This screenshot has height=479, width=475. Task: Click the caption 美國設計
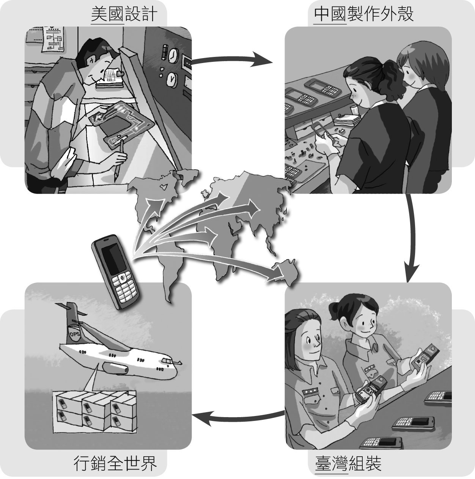click(x=124, y=14)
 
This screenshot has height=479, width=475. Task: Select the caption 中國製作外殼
click(x=363, y=14)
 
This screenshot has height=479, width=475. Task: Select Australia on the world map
click(x=286, y=271)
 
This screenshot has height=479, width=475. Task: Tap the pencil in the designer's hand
click(x=118, y=159)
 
